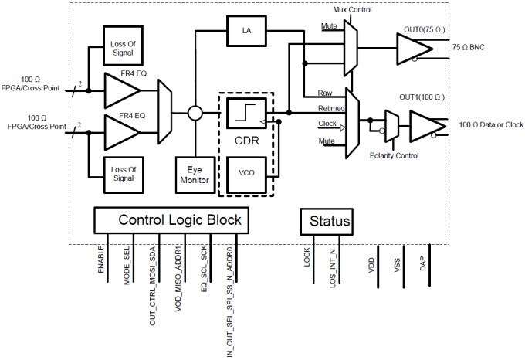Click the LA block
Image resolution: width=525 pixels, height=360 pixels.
pyautogui.click(x=246, y=31)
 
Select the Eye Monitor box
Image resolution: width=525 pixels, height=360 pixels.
pyautogui.click(x=195, y=172)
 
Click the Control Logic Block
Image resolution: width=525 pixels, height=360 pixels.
pyautogui.click(x=179, y=220)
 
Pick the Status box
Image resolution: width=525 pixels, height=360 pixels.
pyautogui.click(x=326, y=221)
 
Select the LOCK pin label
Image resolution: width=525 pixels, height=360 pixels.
pyautogui.click(x=307, y=256)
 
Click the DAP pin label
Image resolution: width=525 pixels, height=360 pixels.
pyautogui.click(x=422, y=263)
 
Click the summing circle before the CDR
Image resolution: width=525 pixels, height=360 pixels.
pyautogui.click(x=195, y=114)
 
